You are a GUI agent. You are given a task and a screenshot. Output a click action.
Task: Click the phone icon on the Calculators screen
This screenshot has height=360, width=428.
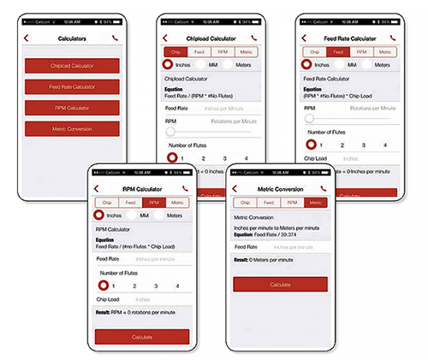coord(116,38)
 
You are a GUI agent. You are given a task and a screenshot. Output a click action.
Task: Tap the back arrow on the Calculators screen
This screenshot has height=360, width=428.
coord(27,38)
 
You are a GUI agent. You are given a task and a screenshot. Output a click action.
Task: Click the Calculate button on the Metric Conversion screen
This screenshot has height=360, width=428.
coord(280,284)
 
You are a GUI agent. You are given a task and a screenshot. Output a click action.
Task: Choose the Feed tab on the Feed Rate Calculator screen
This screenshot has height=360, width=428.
coord(337,52)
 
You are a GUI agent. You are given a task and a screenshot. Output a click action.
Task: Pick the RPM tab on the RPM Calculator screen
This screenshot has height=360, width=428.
coord(154,203)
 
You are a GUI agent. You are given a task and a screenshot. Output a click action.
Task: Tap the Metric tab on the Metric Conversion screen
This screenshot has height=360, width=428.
coord(314,203)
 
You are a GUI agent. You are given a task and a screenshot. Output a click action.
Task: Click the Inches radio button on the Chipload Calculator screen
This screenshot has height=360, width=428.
coord(170,65)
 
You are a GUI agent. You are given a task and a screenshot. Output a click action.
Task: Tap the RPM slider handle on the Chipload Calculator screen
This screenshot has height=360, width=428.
coord(170,132)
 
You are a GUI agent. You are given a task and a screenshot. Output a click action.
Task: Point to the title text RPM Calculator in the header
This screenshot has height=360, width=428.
coord(141,188)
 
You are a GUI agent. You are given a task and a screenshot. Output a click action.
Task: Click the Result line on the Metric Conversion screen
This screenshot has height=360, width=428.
coord(270,259)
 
